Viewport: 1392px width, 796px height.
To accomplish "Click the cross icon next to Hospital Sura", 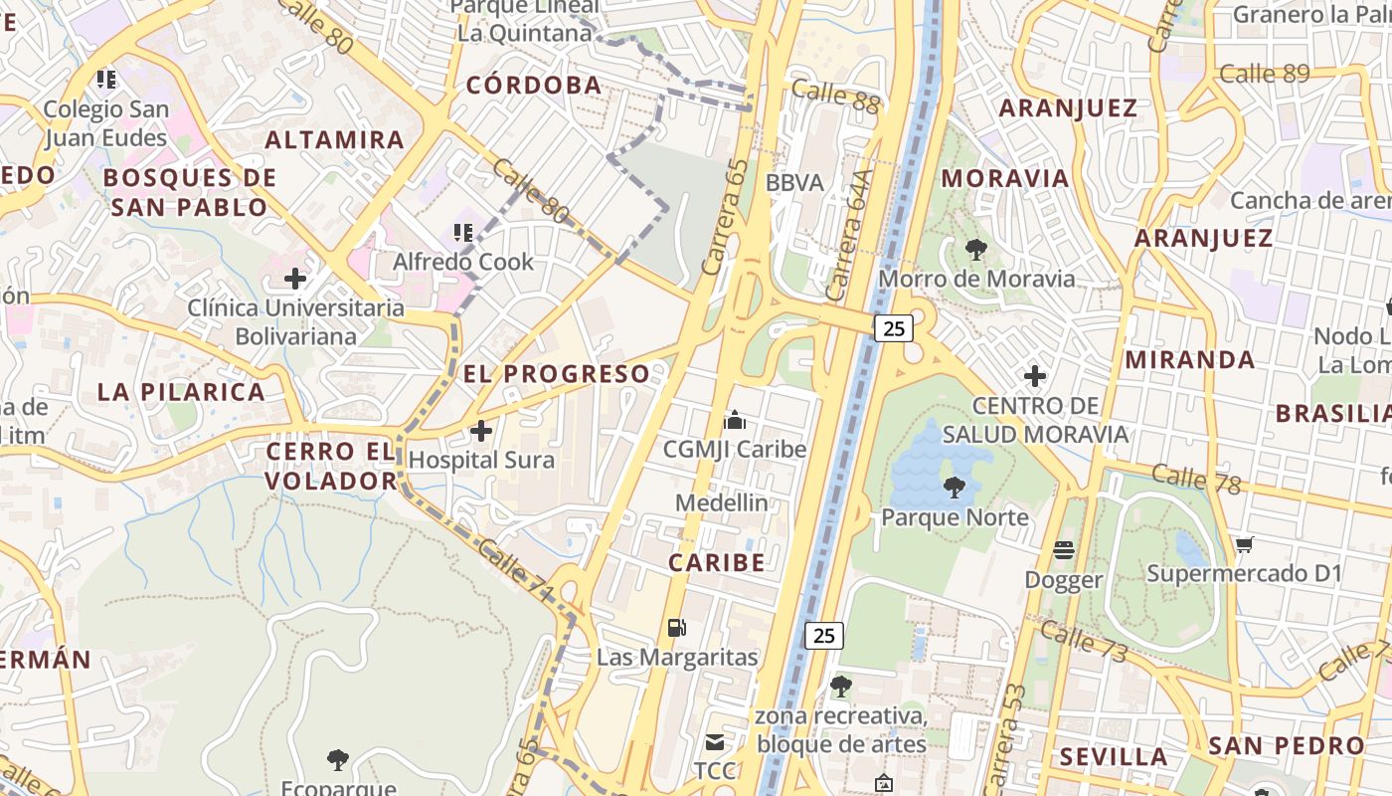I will tap(481, 431).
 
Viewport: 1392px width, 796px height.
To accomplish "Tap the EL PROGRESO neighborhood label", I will tap(557, 374).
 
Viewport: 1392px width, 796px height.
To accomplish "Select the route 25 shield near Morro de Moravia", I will tap(894, 327).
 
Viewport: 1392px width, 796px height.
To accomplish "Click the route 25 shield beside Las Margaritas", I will tap(823, 635).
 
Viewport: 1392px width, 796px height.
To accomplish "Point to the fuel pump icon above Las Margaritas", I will tap(676, 627).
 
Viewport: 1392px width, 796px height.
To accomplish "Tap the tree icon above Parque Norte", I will tap(955, 488).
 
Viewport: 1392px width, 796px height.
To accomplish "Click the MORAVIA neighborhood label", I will tap(1005, 178).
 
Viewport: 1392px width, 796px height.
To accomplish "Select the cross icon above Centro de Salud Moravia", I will tap(1035, 376).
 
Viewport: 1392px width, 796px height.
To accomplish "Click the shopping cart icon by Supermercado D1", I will tap(1245, 544).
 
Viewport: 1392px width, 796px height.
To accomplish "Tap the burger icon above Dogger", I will tap(1064, 550).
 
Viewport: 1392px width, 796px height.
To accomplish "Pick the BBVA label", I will tap(794, 183).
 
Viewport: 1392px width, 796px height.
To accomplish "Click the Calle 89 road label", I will tap(1264, 74).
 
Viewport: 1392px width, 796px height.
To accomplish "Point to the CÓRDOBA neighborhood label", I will tap(534, 86).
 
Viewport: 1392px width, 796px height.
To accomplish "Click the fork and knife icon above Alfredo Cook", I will tap(462, 233).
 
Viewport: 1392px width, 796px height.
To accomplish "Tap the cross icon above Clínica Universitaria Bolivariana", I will tap(295, 279).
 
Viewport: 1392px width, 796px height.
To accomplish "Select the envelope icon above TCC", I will tap(715, 741).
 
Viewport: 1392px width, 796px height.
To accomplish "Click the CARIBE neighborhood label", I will tap(717, 562).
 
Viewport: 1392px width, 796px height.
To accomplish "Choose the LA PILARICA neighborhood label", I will tap(181, 392).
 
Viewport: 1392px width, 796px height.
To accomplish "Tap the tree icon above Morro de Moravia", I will tap(975, 250).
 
